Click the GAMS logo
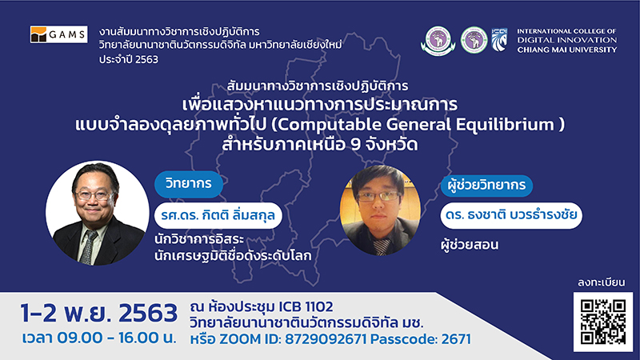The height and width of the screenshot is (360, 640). tap(58, 34)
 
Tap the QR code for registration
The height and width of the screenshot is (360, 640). tap(603, 322)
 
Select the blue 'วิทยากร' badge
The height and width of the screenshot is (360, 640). tap(189, 184)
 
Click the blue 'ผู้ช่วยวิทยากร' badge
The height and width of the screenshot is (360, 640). tap(486, 186)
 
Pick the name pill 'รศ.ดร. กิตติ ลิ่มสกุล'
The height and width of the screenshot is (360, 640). tap(218, 215)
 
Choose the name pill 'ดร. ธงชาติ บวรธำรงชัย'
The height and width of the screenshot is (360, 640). tap(511, 215)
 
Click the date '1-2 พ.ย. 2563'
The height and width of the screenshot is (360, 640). tap(99, 313)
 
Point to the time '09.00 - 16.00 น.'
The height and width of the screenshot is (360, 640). tap(117, 338)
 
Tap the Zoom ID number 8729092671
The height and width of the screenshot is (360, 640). tap(326, 338)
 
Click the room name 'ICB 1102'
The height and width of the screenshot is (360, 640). tap(306, 306)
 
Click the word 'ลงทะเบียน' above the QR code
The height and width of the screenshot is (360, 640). tap(602, 282)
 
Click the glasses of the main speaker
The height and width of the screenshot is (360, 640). tap(94, 194)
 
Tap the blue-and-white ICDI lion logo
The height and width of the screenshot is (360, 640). tap(499, 39)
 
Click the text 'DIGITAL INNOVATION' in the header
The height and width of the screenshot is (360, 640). tap(567, 40)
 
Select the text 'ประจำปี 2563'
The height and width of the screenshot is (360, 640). tap(129, 59)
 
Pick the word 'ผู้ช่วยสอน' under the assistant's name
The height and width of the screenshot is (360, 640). tap(470, 245)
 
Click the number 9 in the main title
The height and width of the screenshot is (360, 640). tap(355, 145)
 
